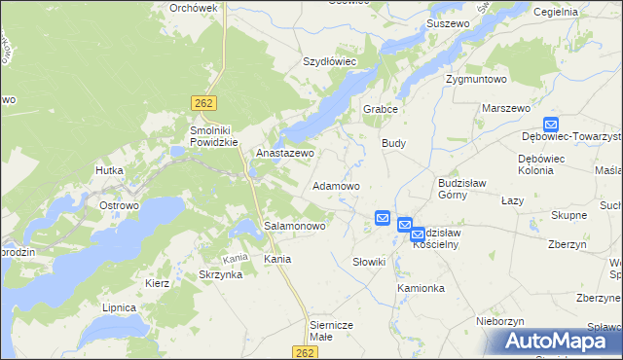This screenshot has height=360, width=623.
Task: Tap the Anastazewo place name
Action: [284, 154]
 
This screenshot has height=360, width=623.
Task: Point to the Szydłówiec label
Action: [330, 60]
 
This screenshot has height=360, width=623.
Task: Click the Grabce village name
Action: [382, 109]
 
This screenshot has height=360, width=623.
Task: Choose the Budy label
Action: [393, 143]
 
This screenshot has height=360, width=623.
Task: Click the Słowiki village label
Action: [370, 262]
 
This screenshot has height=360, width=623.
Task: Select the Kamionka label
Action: [421, 289]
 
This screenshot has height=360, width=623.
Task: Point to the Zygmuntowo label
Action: [476, 79]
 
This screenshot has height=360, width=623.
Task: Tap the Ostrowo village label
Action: [120, 206]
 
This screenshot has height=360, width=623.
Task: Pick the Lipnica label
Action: [119, 307]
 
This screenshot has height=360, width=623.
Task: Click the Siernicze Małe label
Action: [334, 330]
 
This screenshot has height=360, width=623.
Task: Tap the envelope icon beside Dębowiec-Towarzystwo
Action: [551, 124]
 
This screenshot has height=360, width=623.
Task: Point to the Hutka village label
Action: [108, 170]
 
